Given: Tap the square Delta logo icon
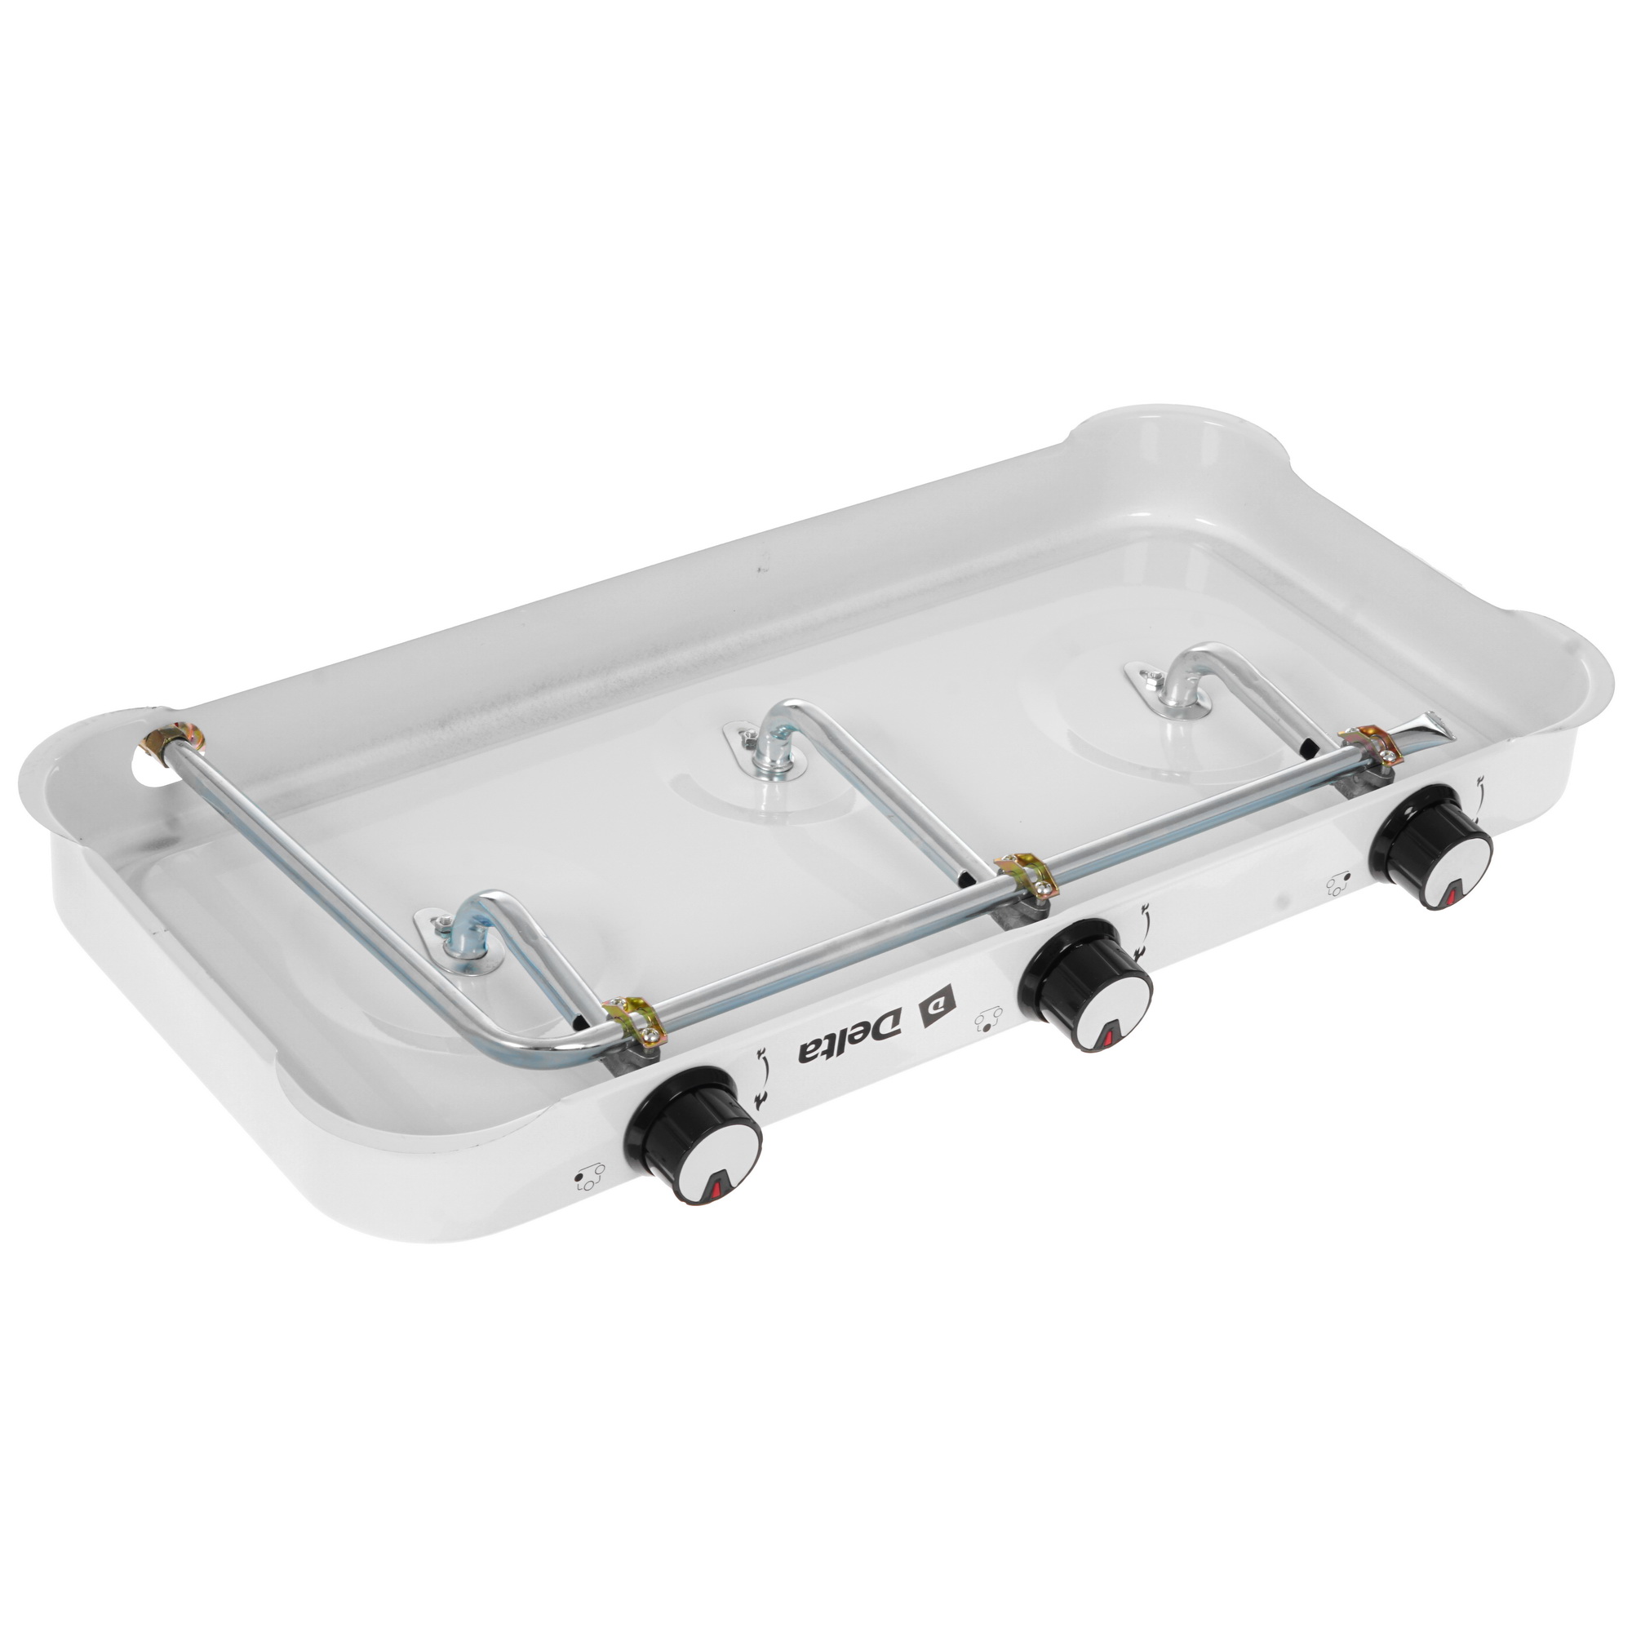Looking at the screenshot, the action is click(944, 1008).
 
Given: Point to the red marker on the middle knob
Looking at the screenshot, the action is click(1107, 1038).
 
